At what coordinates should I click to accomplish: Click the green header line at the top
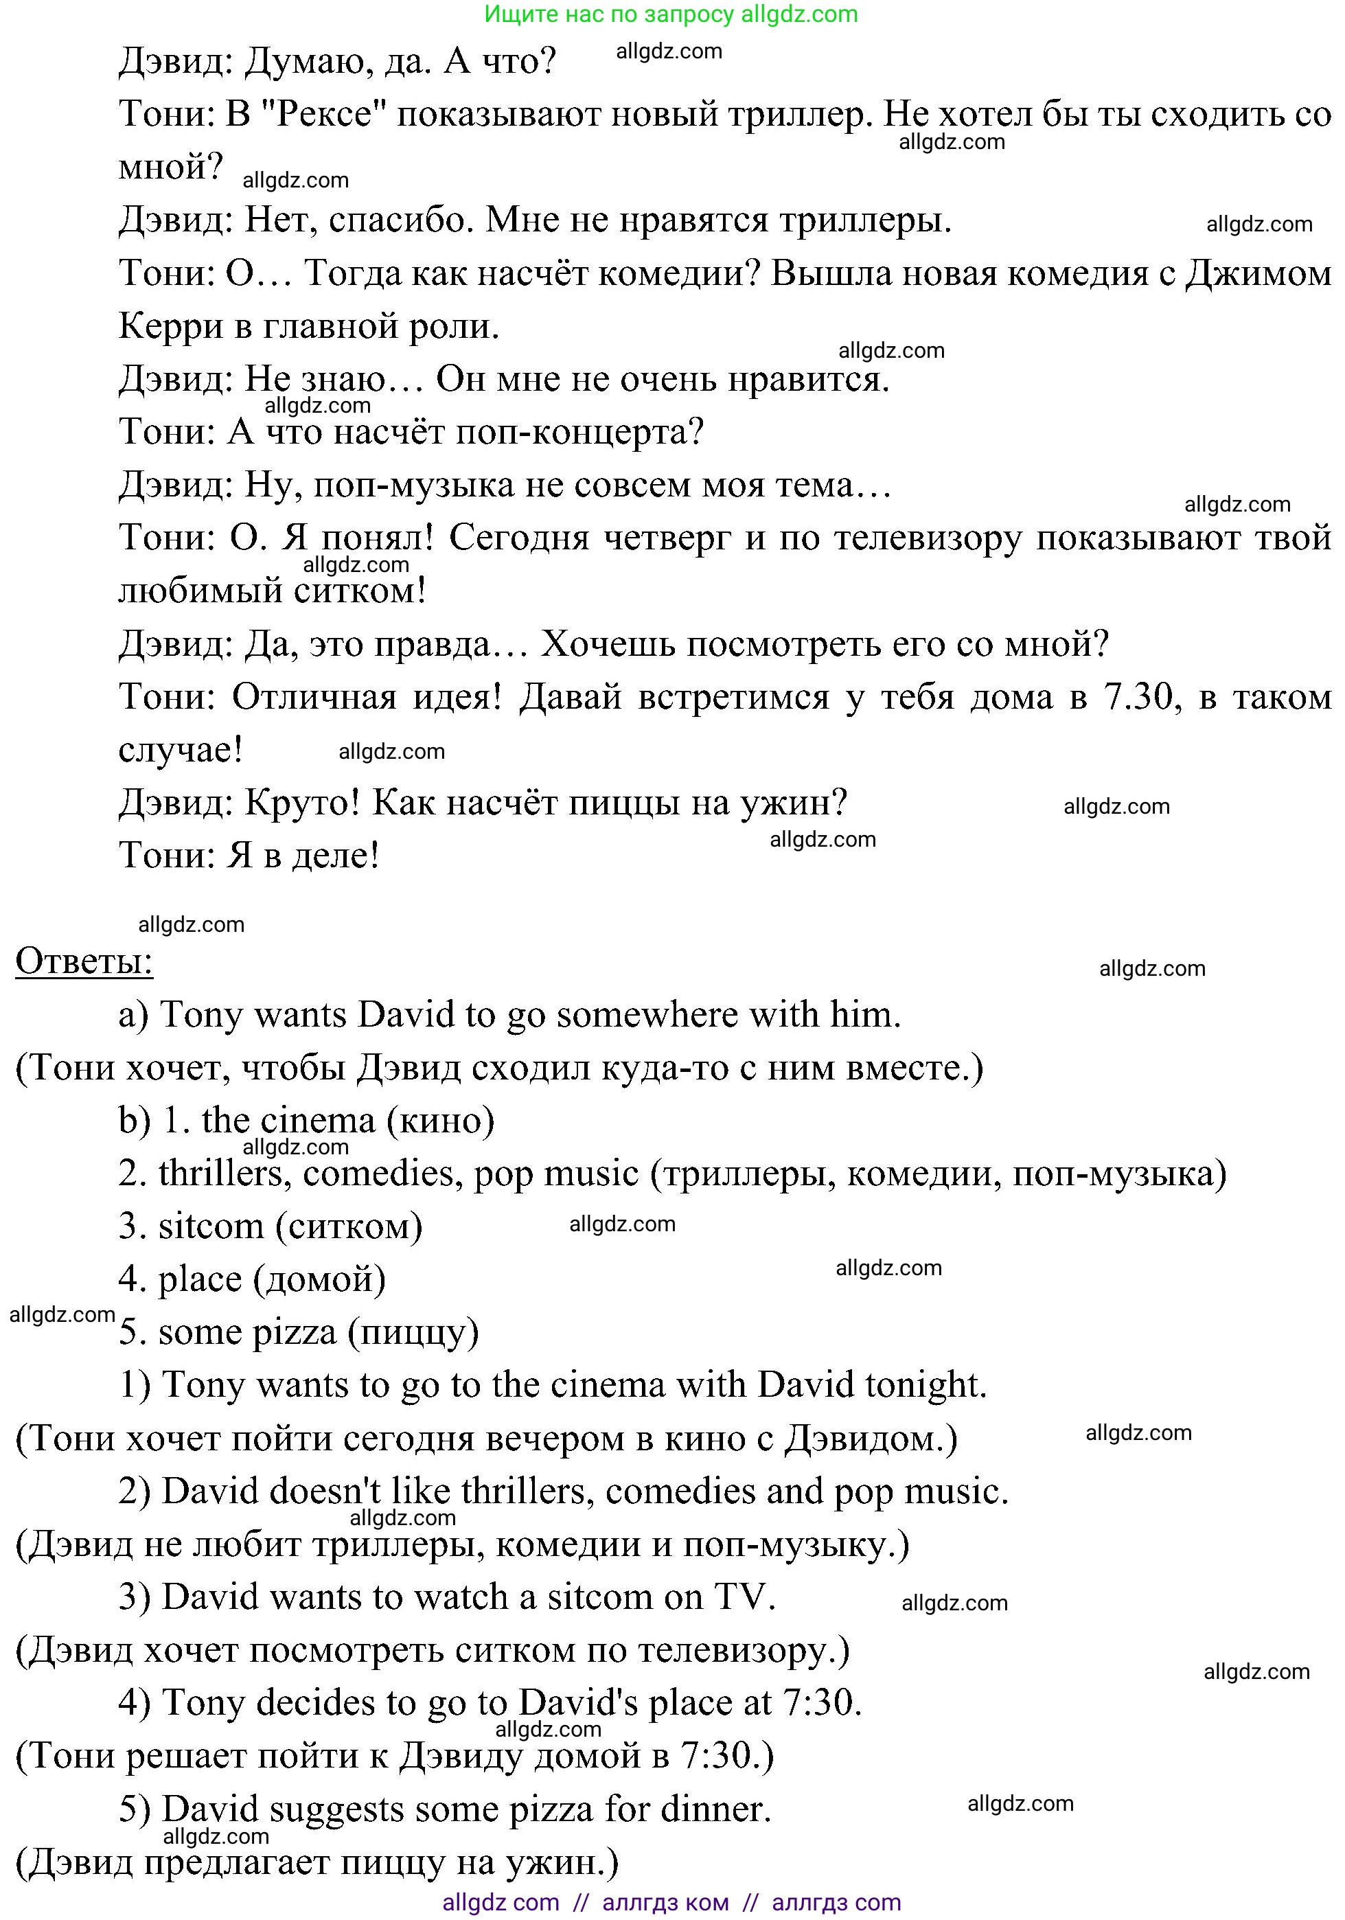click(x=671, y=14)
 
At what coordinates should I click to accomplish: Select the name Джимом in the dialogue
click(x=1257, y=273)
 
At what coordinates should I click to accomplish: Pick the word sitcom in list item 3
click(x=211, y=1226)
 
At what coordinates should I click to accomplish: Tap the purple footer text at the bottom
click(x=671, y=1902)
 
